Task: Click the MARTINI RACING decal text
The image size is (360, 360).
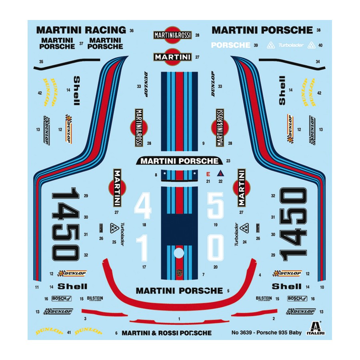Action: pos(81,30)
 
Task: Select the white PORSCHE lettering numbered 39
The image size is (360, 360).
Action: pos(230,45)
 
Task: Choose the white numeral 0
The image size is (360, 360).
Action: pos(216,247)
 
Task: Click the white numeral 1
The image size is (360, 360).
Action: pos(143,247)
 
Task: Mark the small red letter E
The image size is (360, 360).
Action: pos(208,174)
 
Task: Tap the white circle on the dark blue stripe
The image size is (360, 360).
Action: pos(179,253)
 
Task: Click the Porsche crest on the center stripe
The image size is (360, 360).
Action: pos(179,272)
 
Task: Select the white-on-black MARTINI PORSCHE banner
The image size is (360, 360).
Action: pos(180,161)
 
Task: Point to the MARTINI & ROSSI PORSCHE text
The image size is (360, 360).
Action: pos(166,333)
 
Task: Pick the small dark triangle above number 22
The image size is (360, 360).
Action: pos(220,174)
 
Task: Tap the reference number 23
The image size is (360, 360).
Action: pos(228,161)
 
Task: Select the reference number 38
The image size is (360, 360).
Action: pos(318,30)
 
